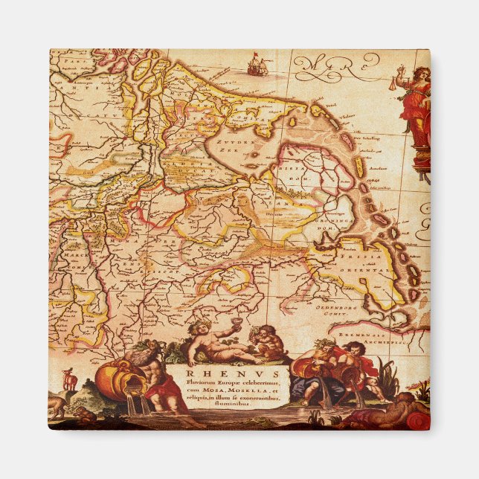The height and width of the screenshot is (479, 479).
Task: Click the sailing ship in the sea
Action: click(x=255, y=65)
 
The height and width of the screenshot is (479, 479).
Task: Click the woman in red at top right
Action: click(x=416, y=108)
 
